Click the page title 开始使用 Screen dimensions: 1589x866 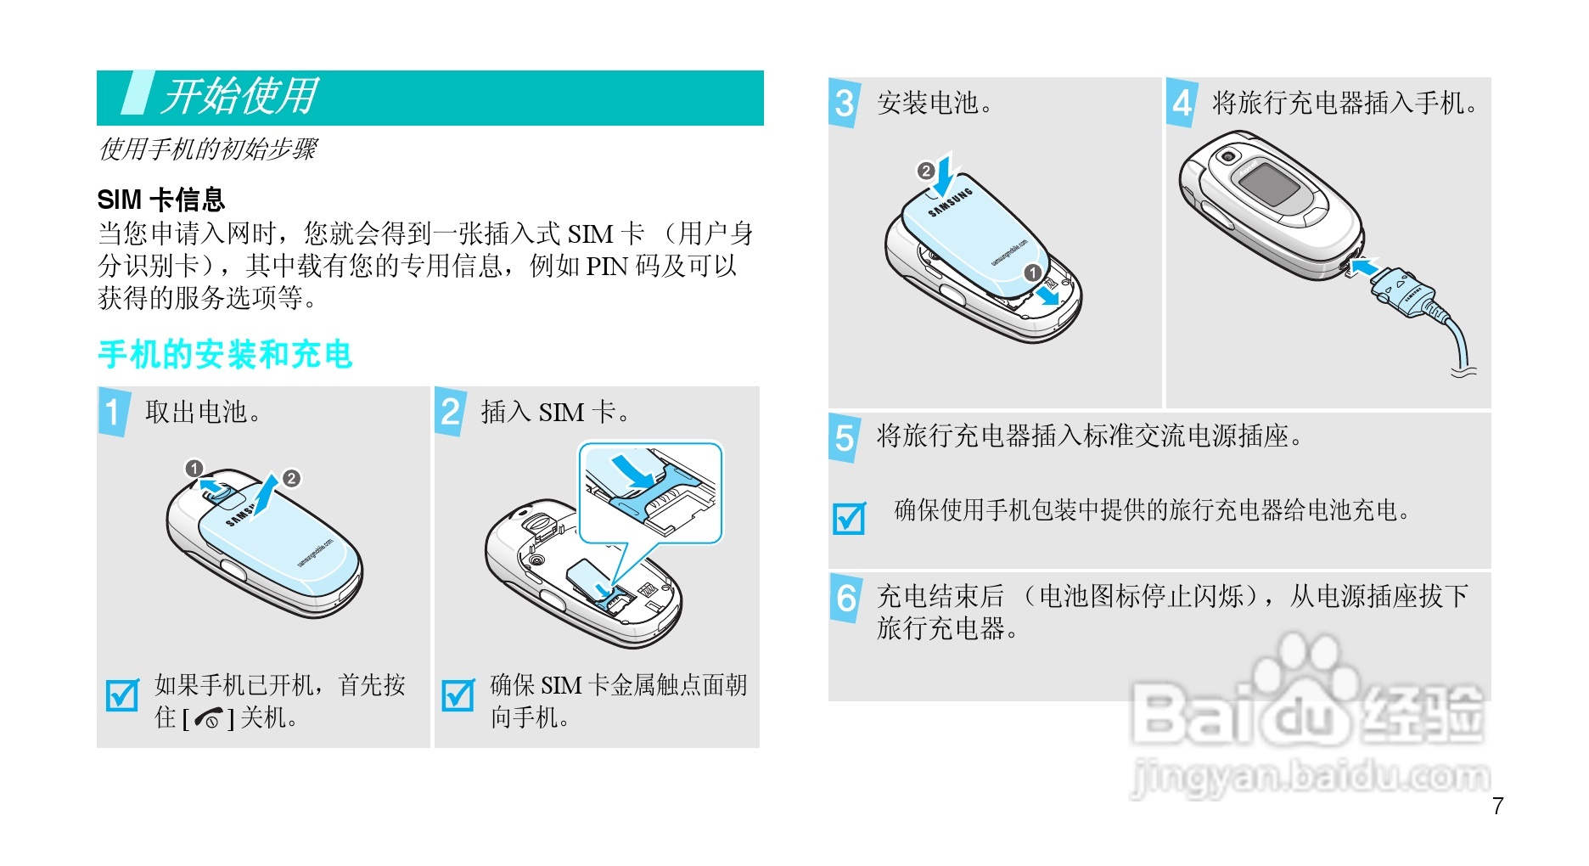(x=240, y=96)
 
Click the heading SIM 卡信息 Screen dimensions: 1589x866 (x=161, y=200)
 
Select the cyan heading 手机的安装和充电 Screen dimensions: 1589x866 (x=225, y=355)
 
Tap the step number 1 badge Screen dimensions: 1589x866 (x=113, y=412)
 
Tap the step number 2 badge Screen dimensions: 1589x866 (x=450, y=412)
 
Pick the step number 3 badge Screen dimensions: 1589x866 (x=844, y=103)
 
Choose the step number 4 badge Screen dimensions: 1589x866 (x=1182, y=103)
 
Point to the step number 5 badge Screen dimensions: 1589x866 (x=845, y=437)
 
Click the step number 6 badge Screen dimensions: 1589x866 (x=846, y=598)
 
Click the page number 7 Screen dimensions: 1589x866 (x=1498, y=806)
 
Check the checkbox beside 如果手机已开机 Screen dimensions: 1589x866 (x=122, y=695)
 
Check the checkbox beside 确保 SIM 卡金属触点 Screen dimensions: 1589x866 (x=458, y=695)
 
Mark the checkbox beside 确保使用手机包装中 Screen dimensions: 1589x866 (x=850, y=518)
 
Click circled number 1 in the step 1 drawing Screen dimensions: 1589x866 (x=194, y=469)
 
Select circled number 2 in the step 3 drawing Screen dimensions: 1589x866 (x=925, y=171)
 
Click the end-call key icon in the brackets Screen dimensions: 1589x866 (x=208, y=719)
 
